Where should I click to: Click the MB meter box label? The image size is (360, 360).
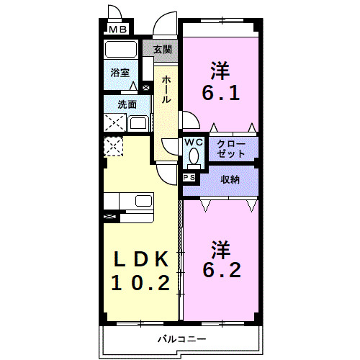pyautogui.click(x=117, y=30)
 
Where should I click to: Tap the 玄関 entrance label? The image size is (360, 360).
pyautogui.click(x=162, y=50)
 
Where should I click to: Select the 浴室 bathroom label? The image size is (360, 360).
pyautogui.click(x=120, y=73)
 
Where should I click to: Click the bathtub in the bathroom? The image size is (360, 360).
pyautogui.click(x=120, y=50)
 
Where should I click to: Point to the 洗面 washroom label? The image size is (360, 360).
pyautogui.click(x=127, y=104)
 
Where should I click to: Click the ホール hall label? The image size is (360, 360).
pyautogui.click(x=166, y=89)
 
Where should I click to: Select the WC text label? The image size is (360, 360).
pyautogui.click(x=193, y=143)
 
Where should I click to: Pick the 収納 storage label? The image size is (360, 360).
pyautogui.click(x=230, y=179)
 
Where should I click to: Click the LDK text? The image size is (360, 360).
pyautogui.click(x=140, y=258)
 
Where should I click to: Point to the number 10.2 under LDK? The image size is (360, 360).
pyautogui.click(x=140, y=282)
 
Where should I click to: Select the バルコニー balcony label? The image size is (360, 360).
pyautogui.click(x=181, y=338)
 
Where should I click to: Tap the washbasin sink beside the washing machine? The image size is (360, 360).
pyautogui.click(x=138, y=123)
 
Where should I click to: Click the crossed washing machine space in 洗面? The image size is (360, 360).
pyautogui.click(x=114, y=123)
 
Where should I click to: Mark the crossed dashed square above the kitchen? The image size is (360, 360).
pyautogui.click(x=114, y=147)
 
